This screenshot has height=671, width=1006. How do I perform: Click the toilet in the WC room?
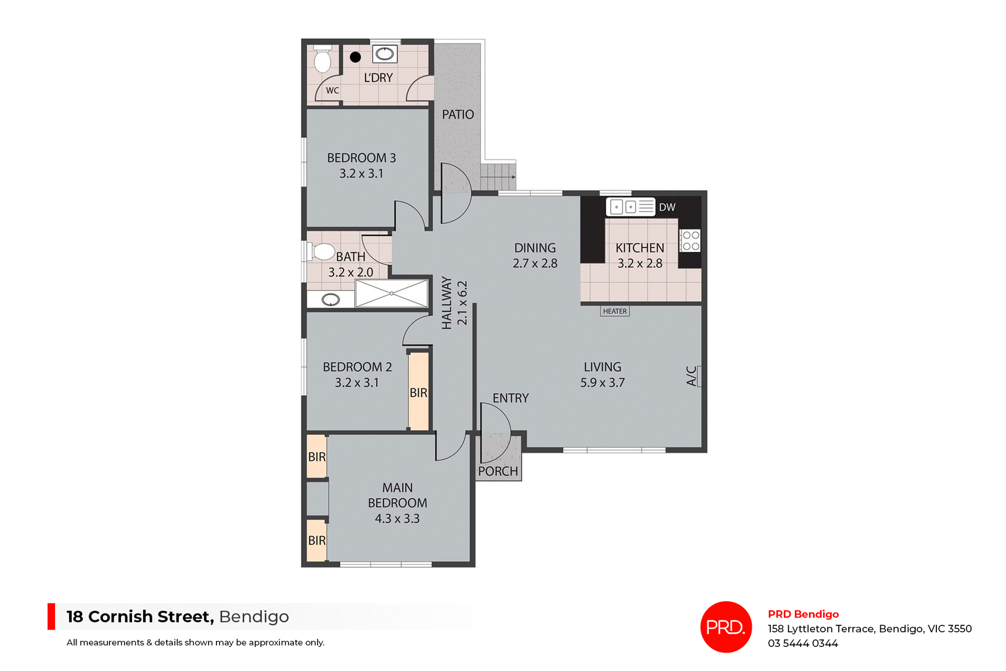[x=322, y=60]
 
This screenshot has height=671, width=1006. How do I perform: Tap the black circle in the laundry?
[x=355, y=57]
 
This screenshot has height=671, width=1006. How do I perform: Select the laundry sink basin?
[x=385, y=54]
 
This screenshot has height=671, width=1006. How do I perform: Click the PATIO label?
[x=457, y=114]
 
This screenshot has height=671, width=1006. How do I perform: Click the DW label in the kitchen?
[x=666, y=207]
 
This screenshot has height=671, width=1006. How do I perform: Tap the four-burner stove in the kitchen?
[x=690, y=241]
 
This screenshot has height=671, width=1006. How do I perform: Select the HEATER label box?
[x=615, y=311]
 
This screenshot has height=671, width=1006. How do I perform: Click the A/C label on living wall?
[x=692, y=376]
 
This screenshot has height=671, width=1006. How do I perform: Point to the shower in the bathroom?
[x=391, y=293]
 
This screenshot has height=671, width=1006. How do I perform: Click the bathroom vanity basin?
[x=331, y=300]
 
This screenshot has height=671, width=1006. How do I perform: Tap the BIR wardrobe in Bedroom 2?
[x=418, y=392]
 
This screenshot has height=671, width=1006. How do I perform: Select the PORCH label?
[x=498, y=471]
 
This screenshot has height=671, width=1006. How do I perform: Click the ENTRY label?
[x=510, y=398]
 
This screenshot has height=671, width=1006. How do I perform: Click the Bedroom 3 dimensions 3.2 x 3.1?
[x=361, y=173]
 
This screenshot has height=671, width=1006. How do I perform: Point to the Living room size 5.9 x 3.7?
[x=602, y=383]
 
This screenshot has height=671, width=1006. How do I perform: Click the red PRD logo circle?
[x=726, y=626]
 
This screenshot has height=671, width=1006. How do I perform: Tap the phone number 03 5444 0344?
[x=803, y=643]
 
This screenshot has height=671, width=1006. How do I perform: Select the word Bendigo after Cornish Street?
[x=254, y=617]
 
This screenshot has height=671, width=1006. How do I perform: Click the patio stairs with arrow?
[x=498, y=177]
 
